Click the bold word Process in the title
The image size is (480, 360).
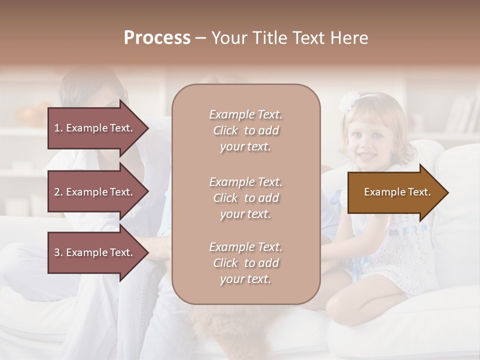click(157, 38)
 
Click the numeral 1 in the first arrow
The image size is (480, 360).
click(56, 128)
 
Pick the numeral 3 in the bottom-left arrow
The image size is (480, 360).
click(56, 252)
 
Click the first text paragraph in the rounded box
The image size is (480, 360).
click(245, 130)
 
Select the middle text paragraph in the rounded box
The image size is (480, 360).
click(245, 198)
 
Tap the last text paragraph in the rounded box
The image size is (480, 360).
click(245, 263)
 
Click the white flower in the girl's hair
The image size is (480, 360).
click(347, 101)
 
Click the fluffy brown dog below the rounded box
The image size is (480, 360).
click(215, 325)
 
